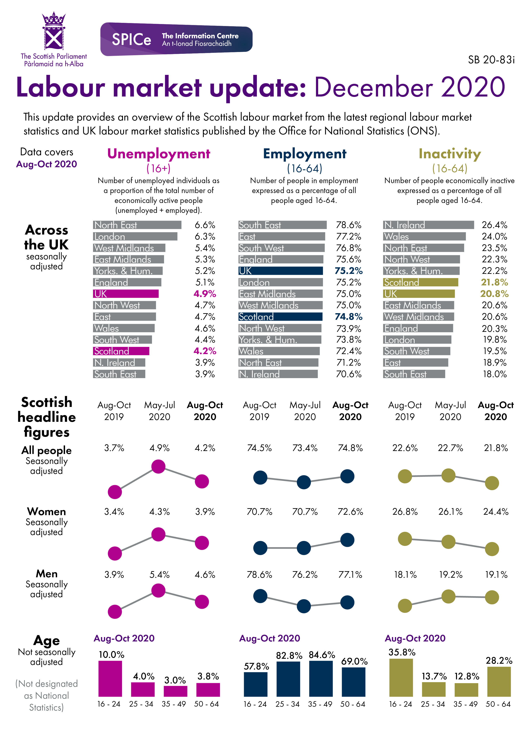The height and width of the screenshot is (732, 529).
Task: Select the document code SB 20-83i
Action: [x=491, y=60]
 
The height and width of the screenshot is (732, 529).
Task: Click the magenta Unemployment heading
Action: [x=159, y=154]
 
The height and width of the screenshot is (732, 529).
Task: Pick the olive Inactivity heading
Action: [x=450, y=154]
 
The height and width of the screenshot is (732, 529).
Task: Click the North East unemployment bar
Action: [x=137, y=225]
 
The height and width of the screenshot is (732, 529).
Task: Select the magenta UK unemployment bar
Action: [x=126, y=294]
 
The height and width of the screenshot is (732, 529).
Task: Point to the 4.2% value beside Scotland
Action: [x=205, y=351]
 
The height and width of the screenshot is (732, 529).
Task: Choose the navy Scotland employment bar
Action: [x=280, y=317]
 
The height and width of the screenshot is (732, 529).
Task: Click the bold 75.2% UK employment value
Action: [x=349, y=271]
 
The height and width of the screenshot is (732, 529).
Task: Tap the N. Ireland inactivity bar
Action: [x=428, y=225]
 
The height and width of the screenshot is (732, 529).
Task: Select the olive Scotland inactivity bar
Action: [x=420, y=282]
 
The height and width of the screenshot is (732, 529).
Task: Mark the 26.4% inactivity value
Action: [x=494, y=225]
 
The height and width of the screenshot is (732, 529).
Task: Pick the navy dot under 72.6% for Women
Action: [x=347, y=540]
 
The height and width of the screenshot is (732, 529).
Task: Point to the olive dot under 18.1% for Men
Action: [x=405, y=606]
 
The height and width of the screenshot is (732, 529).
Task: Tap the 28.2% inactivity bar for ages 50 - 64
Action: [x=499, y=682]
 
